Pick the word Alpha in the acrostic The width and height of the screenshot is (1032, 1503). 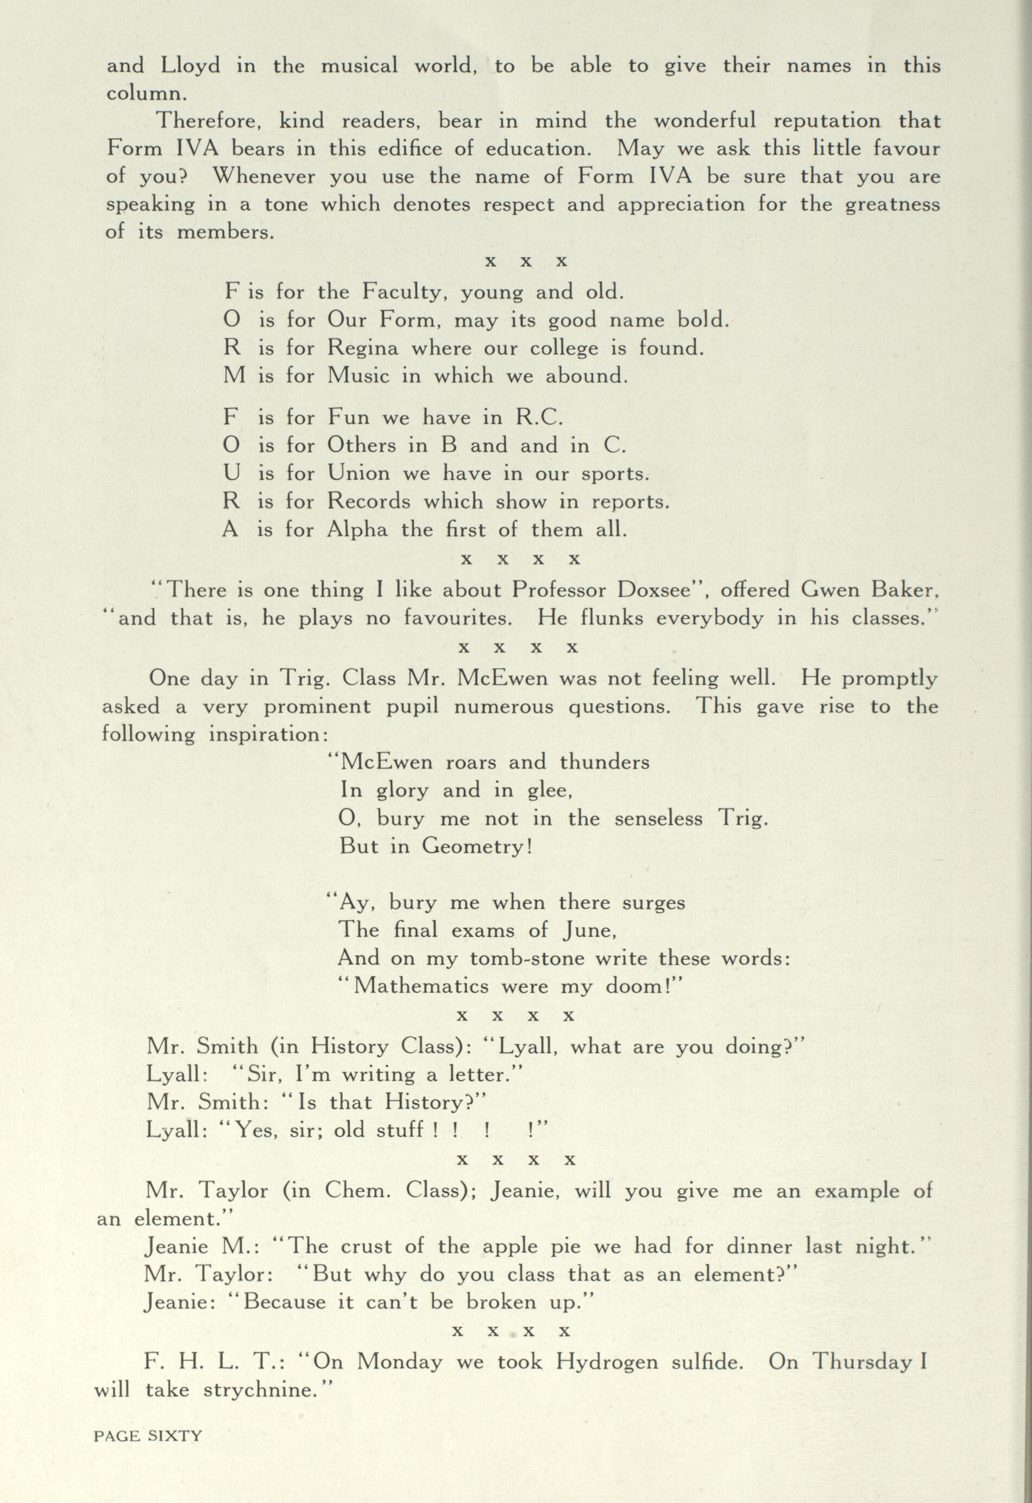pos(357,530)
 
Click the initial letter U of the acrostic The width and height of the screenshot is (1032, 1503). pos(231,473)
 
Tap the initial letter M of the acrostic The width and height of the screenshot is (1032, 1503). pos(234,376)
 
